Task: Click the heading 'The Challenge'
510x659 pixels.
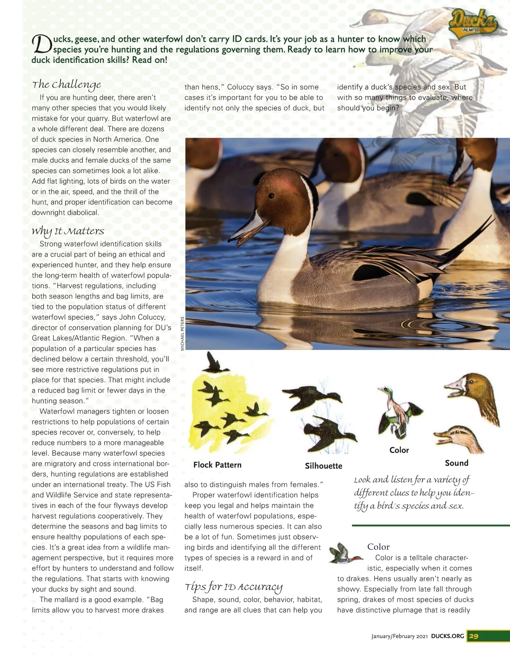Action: click(66, 85)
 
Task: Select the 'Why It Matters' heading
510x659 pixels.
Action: click(68, 231)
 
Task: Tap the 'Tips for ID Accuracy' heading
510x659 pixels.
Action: click(233, 587)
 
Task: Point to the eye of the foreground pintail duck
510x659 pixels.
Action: click(271, 196)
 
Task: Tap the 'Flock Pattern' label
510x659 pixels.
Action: click(217, 465)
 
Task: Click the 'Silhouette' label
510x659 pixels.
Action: click(323, 466)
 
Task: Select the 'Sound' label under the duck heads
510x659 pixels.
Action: click(456, 463)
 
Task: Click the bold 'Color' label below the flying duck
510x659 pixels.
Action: click(399, 450)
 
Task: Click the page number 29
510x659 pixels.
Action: click(473, 636)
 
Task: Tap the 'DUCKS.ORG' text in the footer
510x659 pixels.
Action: click(447, 636)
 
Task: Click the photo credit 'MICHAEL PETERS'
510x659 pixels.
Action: click(182, 334)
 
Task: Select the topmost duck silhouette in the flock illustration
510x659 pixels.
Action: click(212, 363)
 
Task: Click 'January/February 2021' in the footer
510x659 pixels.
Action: click(399, 636)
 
